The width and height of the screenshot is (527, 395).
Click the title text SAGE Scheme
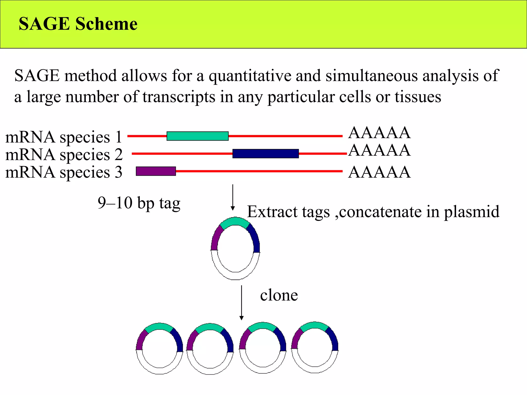pyautogui.click(x=78, y=24)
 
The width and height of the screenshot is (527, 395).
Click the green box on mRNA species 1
pyautogui.click(x=197, y=136)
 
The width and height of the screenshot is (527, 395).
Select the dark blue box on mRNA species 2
pyautogui.click(x=266, y=154)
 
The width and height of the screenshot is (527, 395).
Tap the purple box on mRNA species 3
pyautogui.click(x=156, y=171)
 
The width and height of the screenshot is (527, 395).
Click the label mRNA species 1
pyautogui.click(x=64, y=137)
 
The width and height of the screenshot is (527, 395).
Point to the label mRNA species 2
pyautogui.click(x=64, y=155)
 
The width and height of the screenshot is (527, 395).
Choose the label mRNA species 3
pyautogui.click(x=64, y=172)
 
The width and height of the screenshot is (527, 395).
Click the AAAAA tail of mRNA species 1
pyautogui.click(x=379, y=133)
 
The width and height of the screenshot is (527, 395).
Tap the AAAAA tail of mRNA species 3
pyautogui.click(x=379, y=172)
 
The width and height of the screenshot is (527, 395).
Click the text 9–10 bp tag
pyautogui.click(x=139, y=203)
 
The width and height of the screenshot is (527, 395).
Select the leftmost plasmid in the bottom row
pyautogui.click(x=160, y=348)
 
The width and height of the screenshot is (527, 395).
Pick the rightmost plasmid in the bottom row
pyautogui.click(x=315, y=347)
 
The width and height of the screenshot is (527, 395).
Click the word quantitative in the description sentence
pyautogui.click(x=250, y=76)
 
